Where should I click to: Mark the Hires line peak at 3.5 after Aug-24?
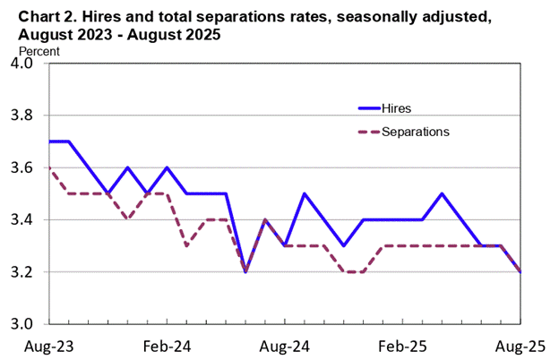pyautogui.click(x=305, y=193)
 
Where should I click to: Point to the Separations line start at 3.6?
pyautogui.click(x=50, y=168)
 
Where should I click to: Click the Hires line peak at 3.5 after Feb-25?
pyautogui.click(x=442, y=193)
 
